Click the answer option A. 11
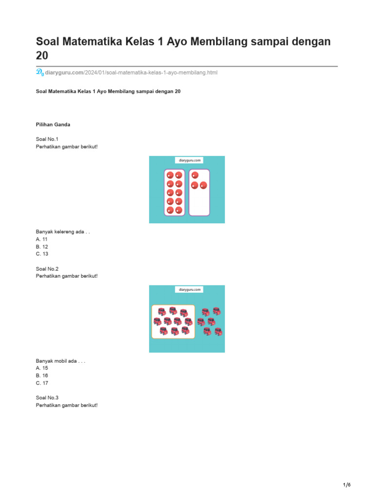coord(42,239)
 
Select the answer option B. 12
coord(42,247)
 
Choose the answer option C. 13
coord(42,254)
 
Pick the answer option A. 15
coord(42,369)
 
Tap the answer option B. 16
coord(42,376)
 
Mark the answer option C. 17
coord(42,383)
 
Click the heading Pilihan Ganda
coord(53,124)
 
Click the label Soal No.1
coord(47,139)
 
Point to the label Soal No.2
coord(47,268)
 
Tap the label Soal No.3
coord(47,398)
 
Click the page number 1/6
coord(346,485)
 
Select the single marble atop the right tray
coord(195,175)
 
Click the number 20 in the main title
coord(42,56)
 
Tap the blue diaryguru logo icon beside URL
coord(39,72)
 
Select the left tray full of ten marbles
coord(174,193)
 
